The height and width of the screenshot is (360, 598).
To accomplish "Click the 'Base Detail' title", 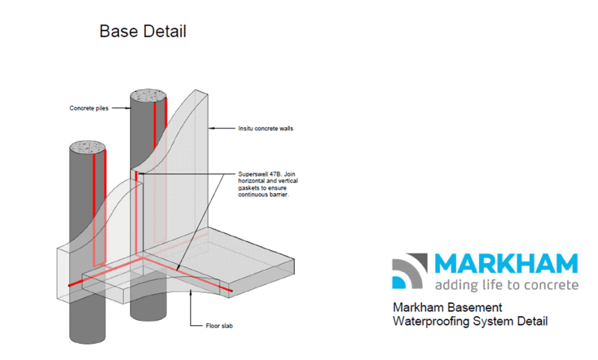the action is (142, 32).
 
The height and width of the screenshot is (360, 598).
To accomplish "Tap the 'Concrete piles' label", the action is (89, 109).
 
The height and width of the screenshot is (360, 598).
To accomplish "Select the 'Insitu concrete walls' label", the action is (266, 129).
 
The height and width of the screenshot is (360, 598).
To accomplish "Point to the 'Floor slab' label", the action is (219, 326).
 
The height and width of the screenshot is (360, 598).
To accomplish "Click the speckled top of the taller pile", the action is (148, 95).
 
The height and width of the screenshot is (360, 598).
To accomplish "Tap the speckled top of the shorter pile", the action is (88, 147).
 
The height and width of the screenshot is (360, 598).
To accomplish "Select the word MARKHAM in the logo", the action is (506, 264).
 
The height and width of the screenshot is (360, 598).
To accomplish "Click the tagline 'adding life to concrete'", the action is (506, 285).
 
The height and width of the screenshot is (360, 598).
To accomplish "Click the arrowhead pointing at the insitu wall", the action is (211, 128).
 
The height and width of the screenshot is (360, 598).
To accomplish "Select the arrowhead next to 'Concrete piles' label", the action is (128, 108).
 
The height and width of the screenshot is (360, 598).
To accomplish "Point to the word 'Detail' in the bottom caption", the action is (532, 321).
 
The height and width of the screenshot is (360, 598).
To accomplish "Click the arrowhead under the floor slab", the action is (191, 293).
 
